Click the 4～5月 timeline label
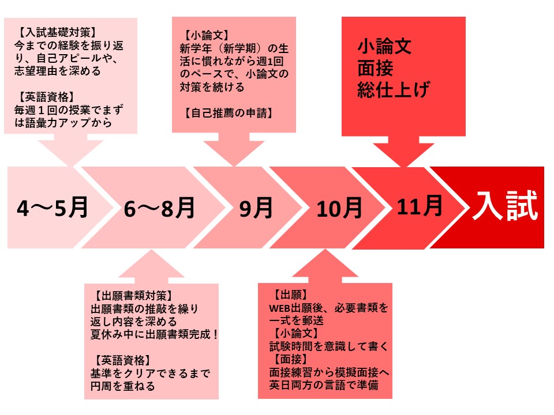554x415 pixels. tap(53, 207)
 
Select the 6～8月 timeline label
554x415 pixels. tap(159, 207)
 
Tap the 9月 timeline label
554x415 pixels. tap(256, 208)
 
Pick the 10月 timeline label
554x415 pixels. tap(339, 208)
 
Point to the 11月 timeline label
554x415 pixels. tap(420, 206)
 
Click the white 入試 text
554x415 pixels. tap(506, 206)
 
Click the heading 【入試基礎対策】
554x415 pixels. tap(57, 32)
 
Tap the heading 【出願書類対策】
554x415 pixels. tap(133, 296)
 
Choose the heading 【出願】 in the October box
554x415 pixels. tap(291, 295)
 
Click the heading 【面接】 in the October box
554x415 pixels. tap(291, 359)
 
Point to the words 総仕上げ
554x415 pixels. tap(394, 89)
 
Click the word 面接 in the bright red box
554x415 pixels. tap(375, 68)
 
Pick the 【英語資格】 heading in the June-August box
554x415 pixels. tap(122, 360)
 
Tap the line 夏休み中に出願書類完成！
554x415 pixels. tap(155, 334)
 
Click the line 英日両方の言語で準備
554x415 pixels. tap(324, 384)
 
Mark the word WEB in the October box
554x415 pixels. tap(280, 308)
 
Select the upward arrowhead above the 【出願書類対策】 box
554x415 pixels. tap(151, 266)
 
